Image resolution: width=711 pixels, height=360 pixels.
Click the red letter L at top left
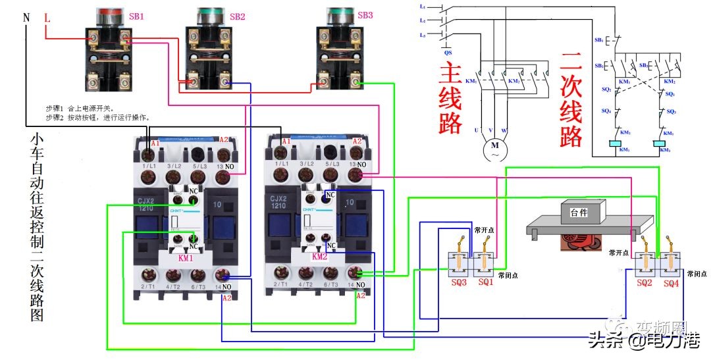[x=47, y=18]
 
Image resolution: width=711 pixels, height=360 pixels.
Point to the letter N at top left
[x=26, y=18]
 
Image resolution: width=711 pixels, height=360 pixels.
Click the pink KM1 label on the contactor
[x=186, y=259]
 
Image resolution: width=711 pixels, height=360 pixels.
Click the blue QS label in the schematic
[x=448, y=51]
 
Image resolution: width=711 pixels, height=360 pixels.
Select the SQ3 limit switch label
[x=459, y=282]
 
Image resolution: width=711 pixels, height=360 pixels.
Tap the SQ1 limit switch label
[x=485, y=282]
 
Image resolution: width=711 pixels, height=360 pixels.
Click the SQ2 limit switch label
[x=645, y=282]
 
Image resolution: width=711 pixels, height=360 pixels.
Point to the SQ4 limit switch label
[x=671, y=282]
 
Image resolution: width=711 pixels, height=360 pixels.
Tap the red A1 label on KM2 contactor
[x=286, y=141]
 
